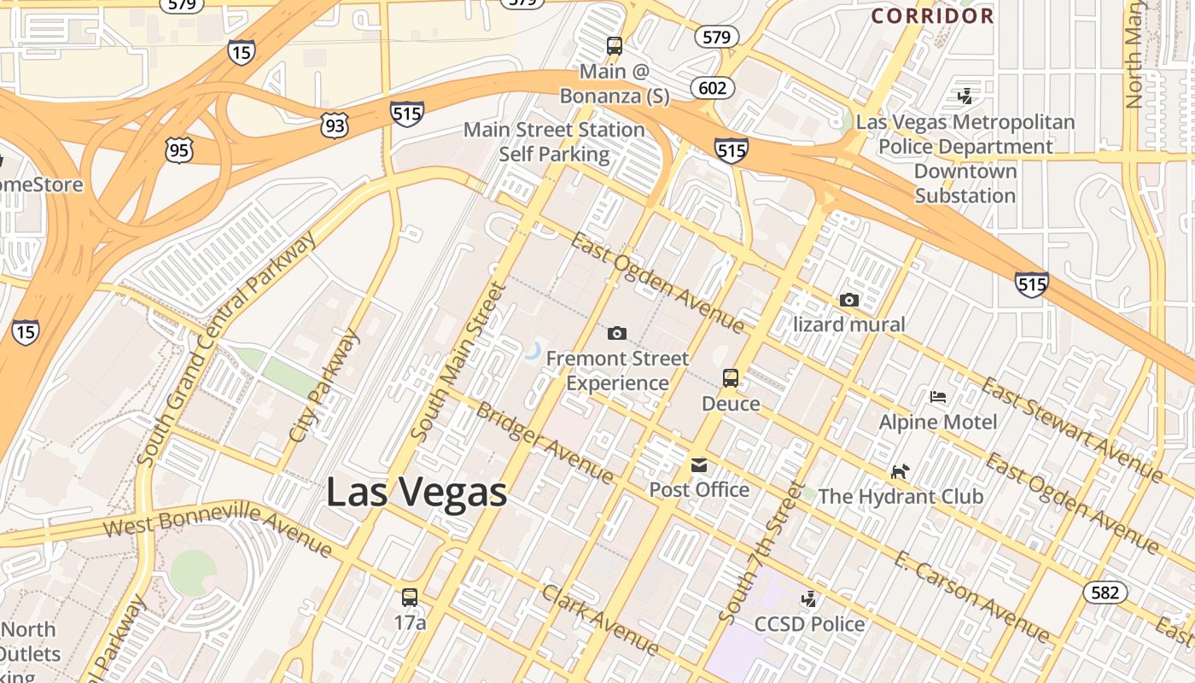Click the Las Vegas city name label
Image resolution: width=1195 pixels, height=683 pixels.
417,493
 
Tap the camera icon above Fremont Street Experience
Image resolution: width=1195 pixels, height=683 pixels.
616,333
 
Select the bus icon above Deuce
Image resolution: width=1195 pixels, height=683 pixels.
731,377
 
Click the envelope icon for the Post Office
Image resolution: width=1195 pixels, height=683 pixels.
699,465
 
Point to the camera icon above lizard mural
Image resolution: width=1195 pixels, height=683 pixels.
848,300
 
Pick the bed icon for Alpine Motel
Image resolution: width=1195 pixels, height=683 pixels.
938,397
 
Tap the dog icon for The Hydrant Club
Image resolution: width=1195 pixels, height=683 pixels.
900,471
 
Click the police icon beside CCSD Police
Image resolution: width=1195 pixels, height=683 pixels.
808,598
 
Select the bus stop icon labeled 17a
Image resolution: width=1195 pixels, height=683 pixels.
410,598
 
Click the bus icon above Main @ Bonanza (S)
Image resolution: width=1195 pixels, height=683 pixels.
615,46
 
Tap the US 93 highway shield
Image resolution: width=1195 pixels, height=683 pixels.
335,126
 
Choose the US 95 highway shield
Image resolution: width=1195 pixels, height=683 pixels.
180,151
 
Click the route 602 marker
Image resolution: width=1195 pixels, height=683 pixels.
712,88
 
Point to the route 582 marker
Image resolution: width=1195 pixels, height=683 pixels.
1105,593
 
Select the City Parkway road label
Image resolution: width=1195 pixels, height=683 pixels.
324,386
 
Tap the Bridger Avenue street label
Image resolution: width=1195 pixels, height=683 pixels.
544,442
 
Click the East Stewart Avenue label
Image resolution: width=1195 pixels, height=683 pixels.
1071,429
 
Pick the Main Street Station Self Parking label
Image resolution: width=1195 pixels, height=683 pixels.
554,142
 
